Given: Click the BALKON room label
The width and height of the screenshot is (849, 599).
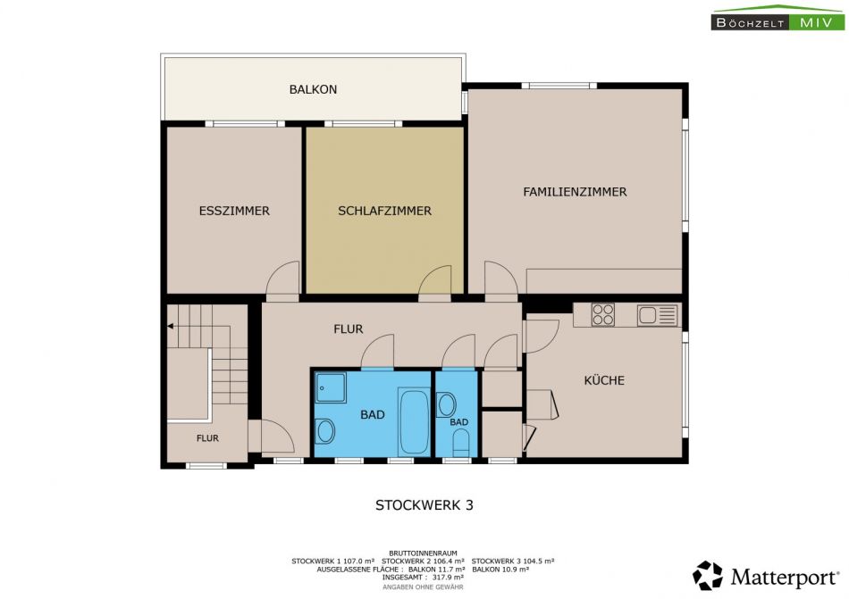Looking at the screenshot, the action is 313,89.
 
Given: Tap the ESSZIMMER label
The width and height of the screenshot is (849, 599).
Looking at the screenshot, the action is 234,211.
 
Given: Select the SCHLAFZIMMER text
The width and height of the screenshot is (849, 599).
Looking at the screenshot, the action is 384,211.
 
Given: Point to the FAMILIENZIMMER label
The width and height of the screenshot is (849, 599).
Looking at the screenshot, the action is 575,192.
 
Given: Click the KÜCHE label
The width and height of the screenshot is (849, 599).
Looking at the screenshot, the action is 604,380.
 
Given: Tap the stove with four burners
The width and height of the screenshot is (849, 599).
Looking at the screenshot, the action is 602,314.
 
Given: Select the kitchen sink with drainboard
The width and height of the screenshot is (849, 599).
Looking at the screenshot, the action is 658,314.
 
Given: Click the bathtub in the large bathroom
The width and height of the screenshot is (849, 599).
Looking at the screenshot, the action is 414,421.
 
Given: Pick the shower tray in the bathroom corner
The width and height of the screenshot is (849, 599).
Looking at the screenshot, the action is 331,387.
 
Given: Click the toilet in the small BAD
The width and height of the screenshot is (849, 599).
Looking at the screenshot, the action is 460,443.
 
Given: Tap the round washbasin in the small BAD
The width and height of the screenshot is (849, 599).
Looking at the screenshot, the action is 446,404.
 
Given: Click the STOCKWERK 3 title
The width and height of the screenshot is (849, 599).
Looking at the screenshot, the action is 424,505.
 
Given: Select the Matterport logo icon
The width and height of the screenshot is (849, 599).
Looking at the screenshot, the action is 707,575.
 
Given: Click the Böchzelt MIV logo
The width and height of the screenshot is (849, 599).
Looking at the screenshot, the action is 778,18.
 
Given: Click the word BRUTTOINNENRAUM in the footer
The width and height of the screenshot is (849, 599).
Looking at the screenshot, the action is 423,553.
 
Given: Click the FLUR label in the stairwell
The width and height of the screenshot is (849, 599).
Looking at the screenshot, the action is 207,438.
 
